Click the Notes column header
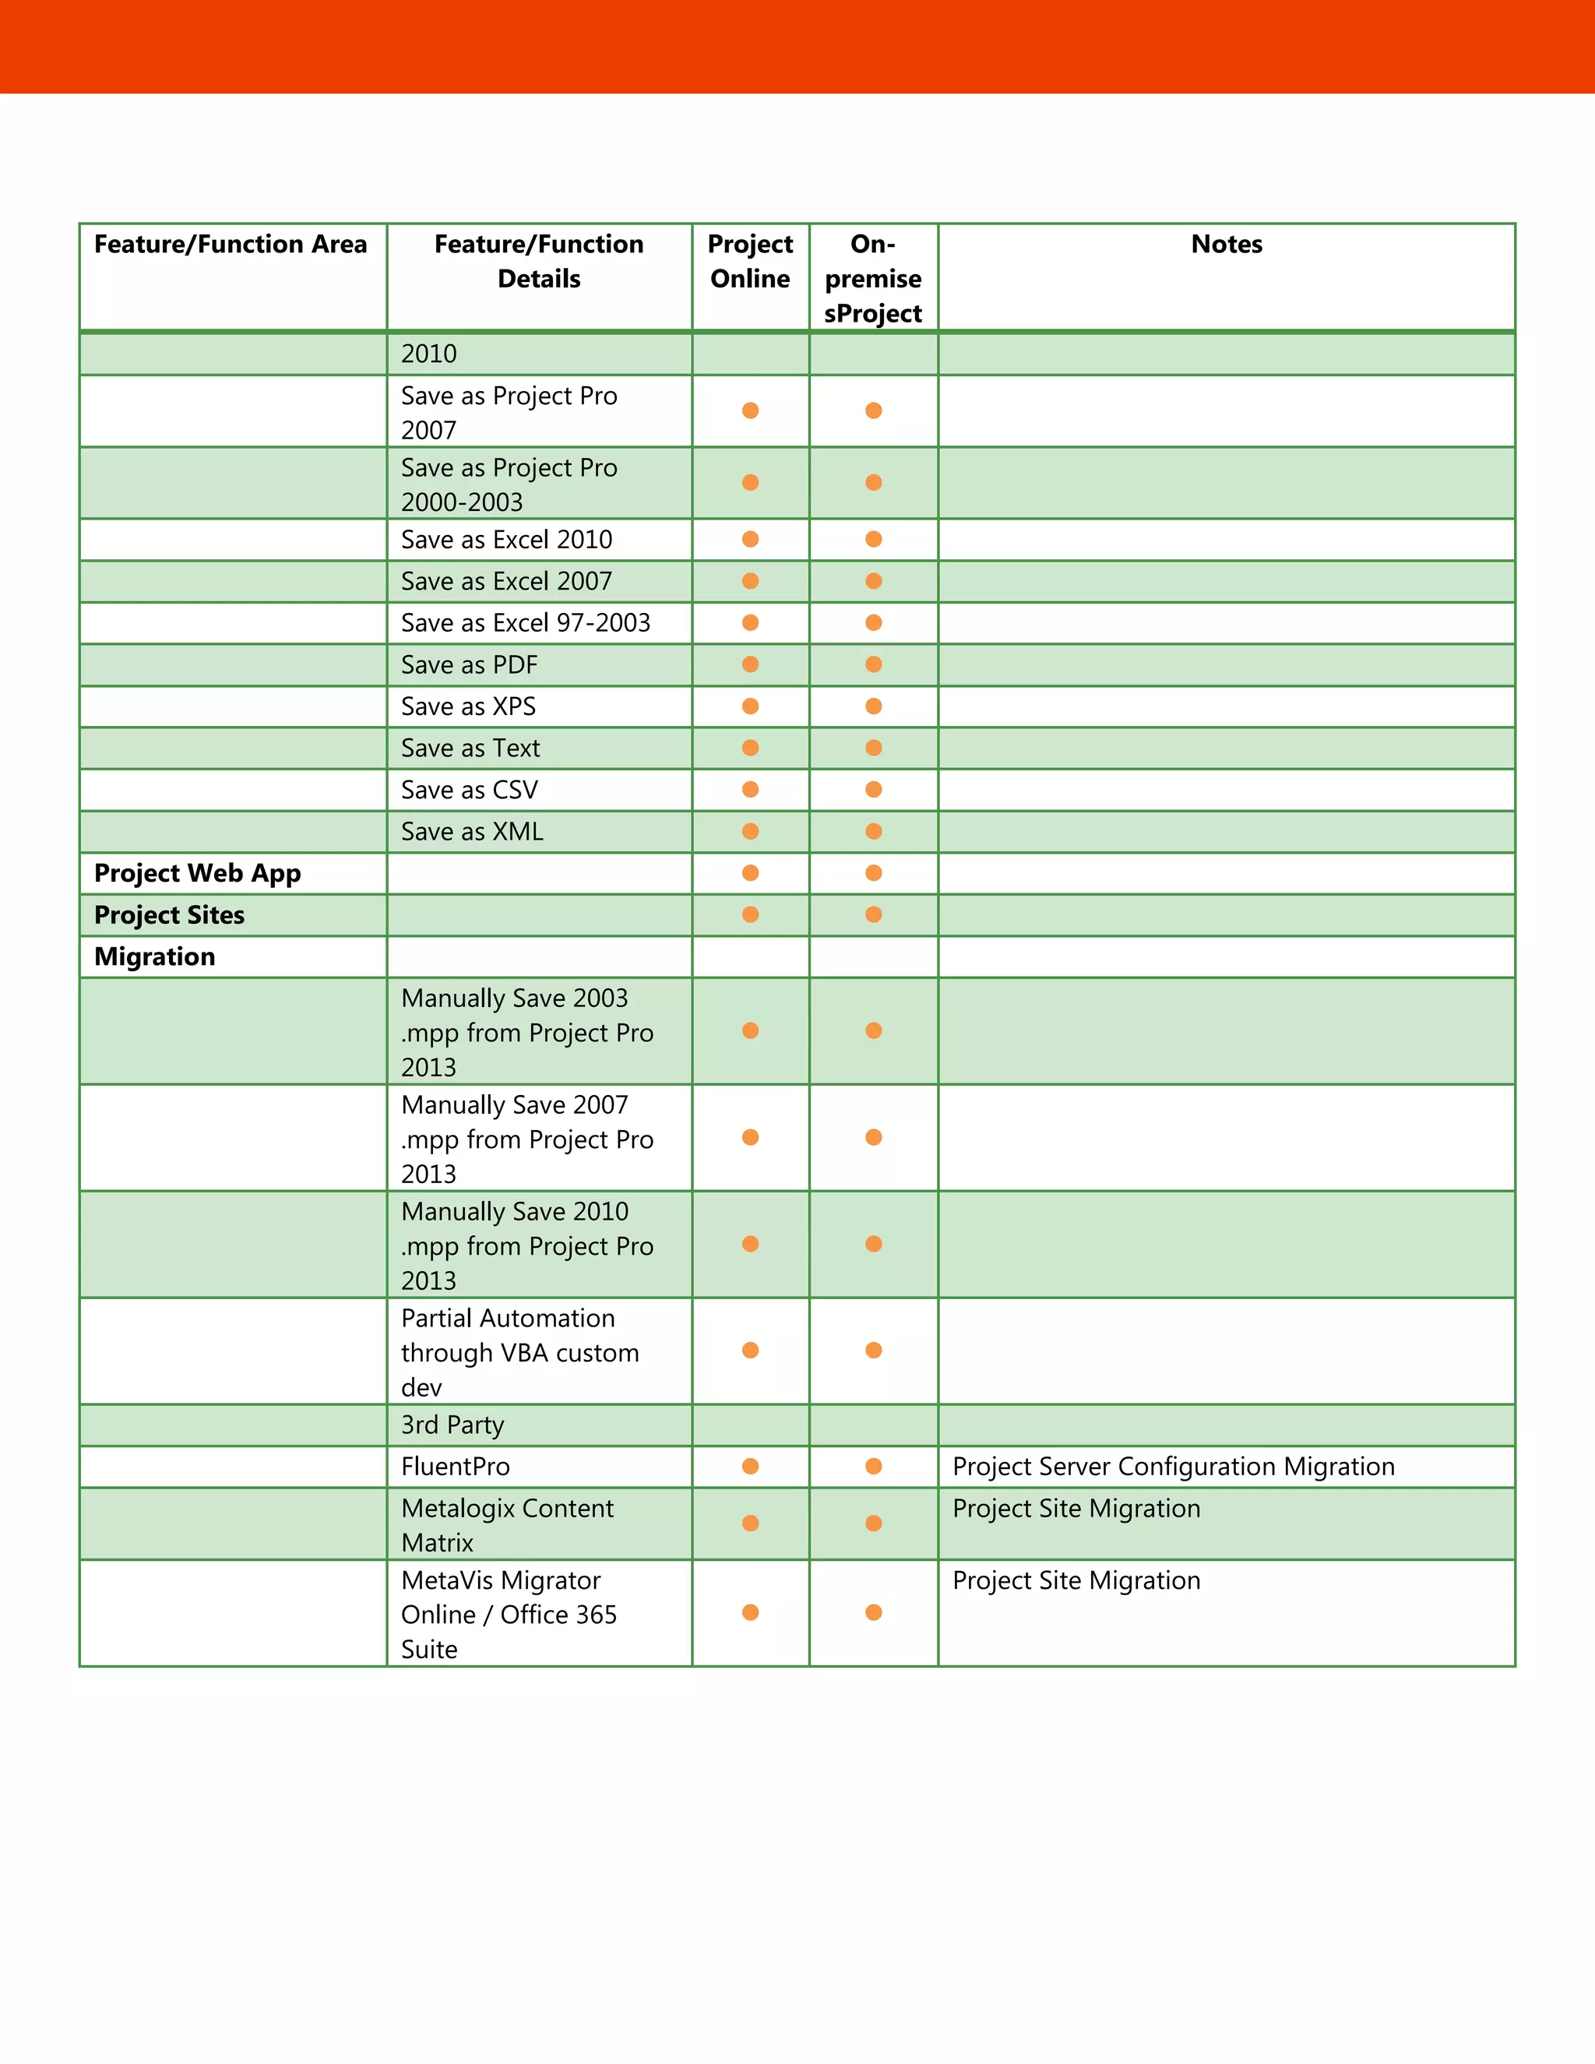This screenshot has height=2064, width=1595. [x=1226, y=245]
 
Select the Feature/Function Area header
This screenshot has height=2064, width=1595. [x=231, y=245]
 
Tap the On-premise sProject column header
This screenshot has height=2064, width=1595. [x=872, y=279]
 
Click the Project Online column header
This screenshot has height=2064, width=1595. [x=749, y=262]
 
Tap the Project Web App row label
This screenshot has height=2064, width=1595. [x=198, y=873]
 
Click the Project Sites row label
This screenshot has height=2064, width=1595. [x=169, y=915]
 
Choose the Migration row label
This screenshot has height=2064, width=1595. [x=155, y=956]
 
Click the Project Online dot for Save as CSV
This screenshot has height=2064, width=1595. [x=750, y=789]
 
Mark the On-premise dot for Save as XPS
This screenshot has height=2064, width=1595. [x=873, y=706]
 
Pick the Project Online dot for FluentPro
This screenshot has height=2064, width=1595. [x=750, y=1466]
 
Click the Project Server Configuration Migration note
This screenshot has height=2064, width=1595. [x=1173, y=1467]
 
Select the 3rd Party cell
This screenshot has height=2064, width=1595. [x=452, y=1425]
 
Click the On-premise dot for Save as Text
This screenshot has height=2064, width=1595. [x=873, y=748]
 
